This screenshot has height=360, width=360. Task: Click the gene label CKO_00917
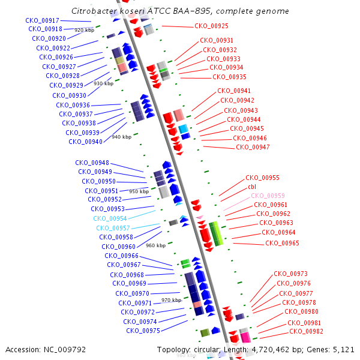pos(42,20)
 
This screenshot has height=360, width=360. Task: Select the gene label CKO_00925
pos(211,26)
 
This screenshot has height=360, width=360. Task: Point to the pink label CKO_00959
pos(268,196)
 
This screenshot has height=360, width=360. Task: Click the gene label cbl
pos(252,187)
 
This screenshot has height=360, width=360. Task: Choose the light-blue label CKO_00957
pos(113,228)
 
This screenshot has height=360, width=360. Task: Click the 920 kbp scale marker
pos(84,29)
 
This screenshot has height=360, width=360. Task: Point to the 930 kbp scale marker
pos(104,83)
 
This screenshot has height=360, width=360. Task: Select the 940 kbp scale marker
pos(121,137)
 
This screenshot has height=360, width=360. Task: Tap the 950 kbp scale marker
pos(139,191)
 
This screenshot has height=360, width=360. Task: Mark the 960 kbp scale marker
pos(155,245)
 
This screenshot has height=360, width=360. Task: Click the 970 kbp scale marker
pos(171,300)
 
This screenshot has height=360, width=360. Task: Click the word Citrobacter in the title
pos(93,11)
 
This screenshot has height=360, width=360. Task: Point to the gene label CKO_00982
pos(305,332)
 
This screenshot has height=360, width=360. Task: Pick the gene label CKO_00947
pos(253,147)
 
